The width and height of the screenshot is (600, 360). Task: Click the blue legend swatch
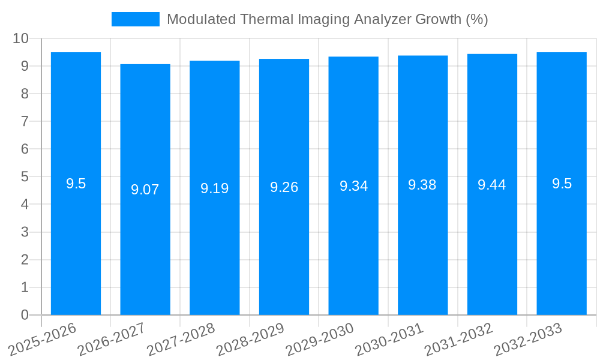(x=135, y=19)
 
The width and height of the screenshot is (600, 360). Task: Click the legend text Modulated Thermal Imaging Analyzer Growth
(x=327, y=19)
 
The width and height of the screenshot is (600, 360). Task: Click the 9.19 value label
(x=215, y=188)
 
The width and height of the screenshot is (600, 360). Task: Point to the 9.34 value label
(x=353, y=186)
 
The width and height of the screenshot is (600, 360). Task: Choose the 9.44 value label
(x=492, y=185)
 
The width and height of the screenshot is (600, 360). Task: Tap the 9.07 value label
(x=145, y=190)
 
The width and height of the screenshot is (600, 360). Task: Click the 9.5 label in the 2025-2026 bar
(x=76, y=184)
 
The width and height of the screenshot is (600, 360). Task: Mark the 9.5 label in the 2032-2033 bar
(x=562, y=184)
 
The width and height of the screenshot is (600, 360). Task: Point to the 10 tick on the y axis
(x=20, y=38)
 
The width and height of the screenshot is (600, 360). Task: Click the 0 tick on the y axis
(x=25, y=315)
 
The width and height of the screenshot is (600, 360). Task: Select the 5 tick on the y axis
(x=25, y=177)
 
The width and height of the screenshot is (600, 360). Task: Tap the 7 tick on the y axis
(x=25, y=121)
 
